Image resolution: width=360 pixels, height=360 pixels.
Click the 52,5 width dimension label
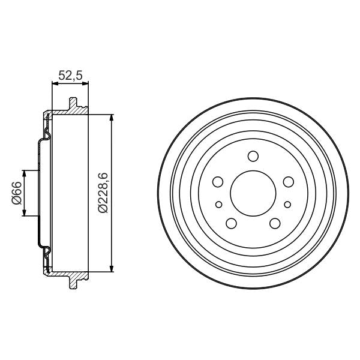[x=70, y=75]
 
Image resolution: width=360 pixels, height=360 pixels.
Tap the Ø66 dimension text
[x=16, y=193]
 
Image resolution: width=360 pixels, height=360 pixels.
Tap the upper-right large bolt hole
[x=288, y=182]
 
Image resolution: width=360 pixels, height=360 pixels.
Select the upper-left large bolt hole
[x=218, y=182]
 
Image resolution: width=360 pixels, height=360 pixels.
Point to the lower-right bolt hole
[x=275, y=223]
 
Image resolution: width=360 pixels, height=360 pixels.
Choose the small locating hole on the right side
[x=288, y=203]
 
